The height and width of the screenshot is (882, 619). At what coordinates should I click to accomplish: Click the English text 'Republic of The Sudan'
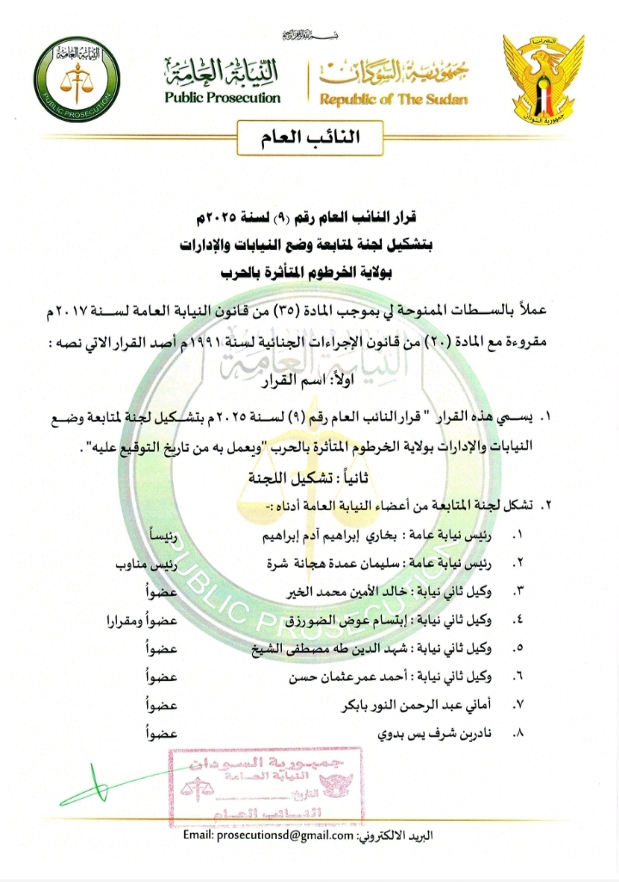(x=394, y=100)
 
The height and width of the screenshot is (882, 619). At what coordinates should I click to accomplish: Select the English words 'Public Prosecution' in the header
(x=223, y=98)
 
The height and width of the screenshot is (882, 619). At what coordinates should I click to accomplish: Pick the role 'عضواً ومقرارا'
(x=143, y=621)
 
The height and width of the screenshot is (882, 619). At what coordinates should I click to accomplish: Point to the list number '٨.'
(x=517, y=735)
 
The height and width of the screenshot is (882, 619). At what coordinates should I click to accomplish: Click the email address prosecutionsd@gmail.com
(x=268, y=836)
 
